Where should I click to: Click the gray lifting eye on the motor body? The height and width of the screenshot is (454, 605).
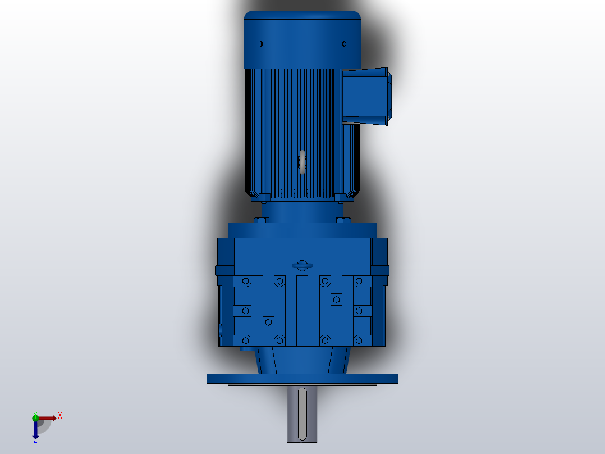302,162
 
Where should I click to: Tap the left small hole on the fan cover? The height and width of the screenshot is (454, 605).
260,43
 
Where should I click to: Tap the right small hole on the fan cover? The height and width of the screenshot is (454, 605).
344,43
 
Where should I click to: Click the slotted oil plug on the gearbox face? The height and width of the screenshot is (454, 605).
302,265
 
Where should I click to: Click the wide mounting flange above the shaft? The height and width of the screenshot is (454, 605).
302,379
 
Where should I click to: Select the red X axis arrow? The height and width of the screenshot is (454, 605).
47,418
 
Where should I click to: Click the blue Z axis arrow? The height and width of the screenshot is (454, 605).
35,430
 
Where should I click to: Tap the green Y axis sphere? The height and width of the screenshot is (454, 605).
35,417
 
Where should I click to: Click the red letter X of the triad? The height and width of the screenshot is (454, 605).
60,416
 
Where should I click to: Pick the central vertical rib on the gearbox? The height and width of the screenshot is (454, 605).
302,310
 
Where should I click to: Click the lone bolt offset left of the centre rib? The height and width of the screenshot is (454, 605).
268,322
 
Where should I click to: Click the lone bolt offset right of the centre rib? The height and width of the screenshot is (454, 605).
336,299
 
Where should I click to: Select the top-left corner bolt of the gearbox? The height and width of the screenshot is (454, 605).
245,281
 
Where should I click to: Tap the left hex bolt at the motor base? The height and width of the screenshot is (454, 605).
263,197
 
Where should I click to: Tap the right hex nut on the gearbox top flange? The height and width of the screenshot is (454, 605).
346,220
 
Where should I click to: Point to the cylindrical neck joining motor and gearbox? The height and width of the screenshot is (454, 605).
302,212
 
